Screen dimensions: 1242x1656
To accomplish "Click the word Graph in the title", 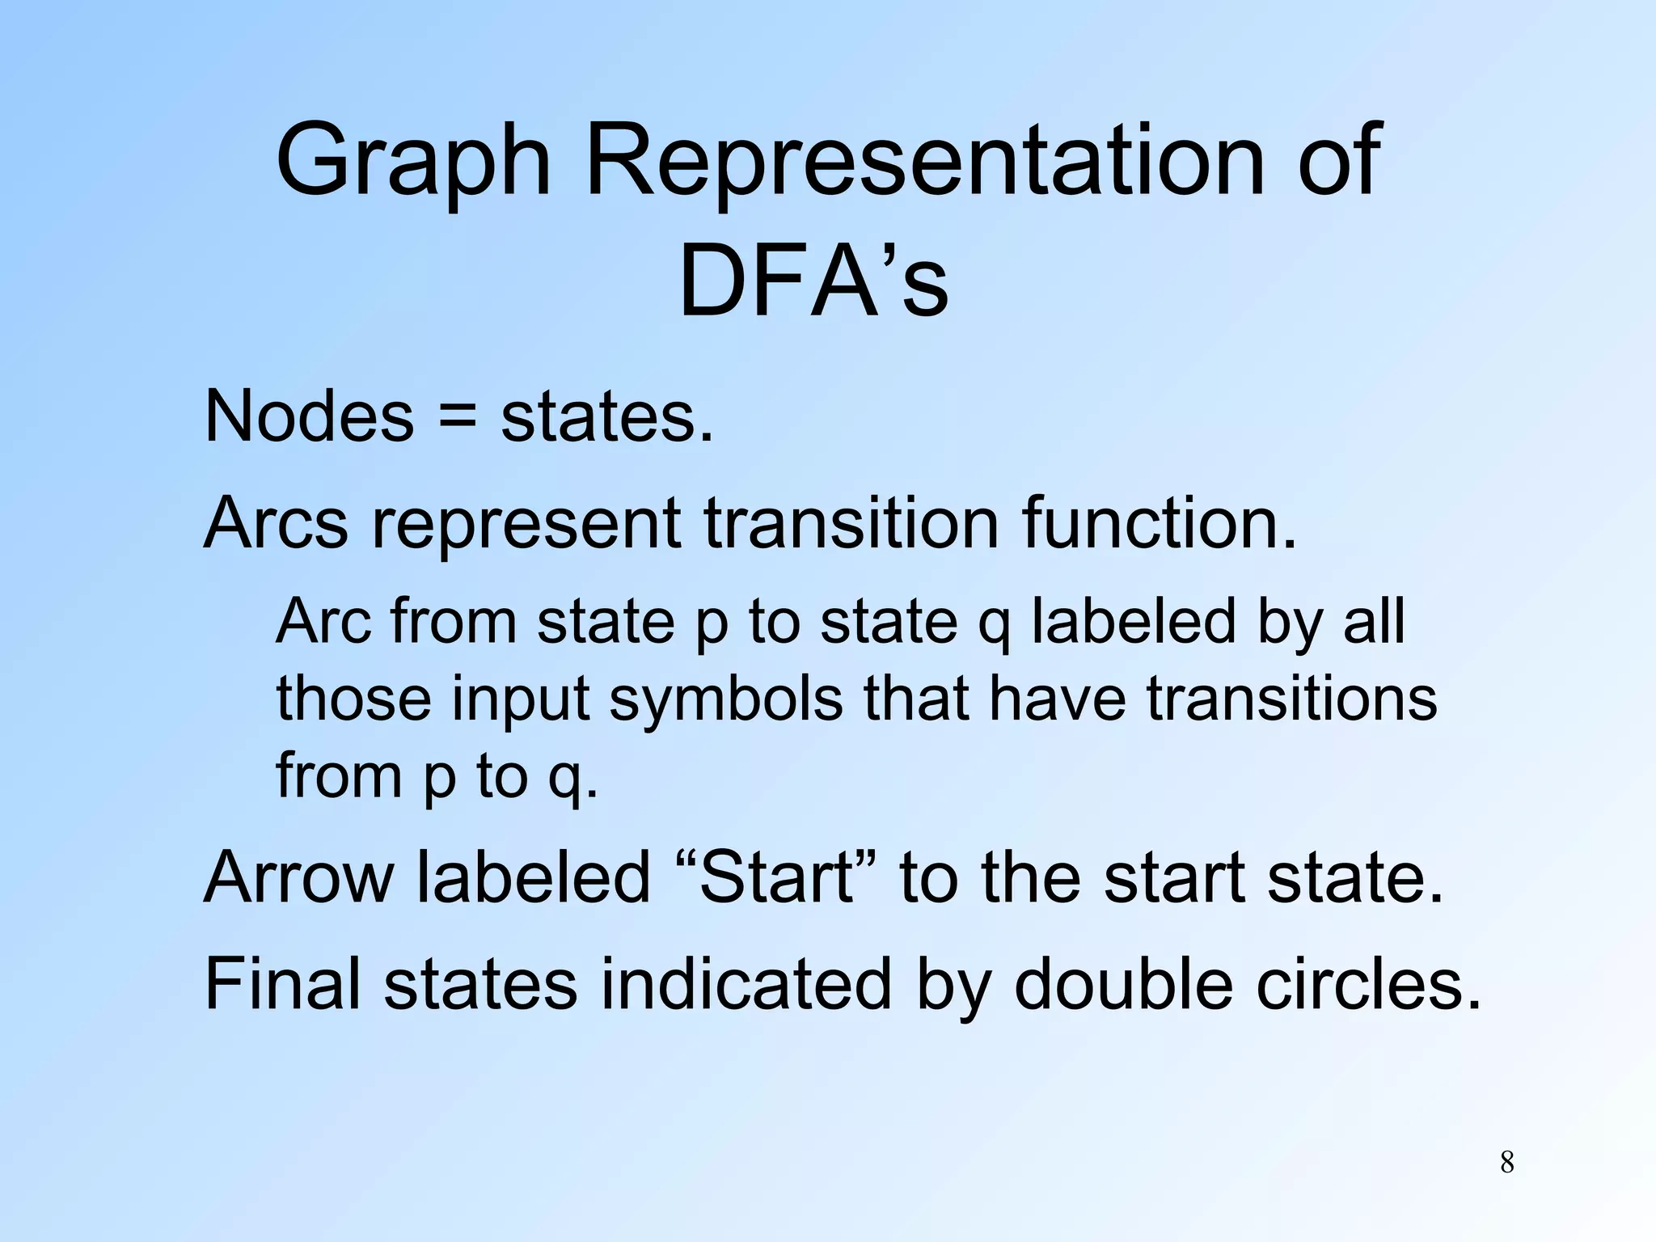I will pos(413,162).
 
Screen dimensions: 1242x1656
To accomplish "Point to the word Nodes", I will pos(310,417).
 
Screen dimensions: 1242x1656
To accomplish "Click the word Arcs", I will pos(276,523).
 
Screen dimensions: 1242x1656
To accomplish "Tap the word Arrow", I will pos(298,878).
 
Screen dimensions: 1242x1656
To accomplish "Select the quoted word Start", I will pos(776,878).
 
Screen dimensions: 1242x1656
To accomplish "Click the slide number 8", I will pos(1507,1163).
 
